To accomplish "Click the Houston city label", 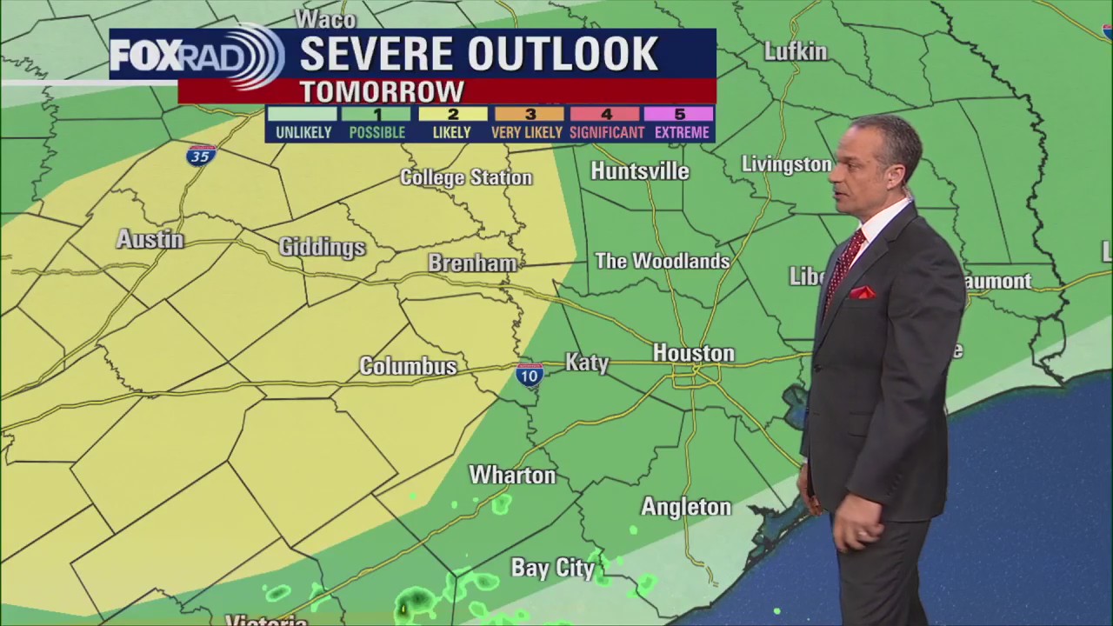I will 693,353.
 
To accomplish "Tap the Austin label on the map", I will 150,239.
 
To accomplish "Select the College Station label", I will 465,177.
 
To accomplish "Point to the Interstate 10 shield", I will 530,375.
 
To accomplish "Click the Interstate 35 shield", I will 201,156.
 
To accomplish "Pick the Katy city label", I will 587,362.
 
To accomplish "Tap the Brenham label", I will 472,263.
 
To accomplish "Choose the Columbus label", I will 408,366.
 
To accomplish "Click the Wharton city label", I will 512,475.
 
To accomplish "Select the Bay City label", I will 552,569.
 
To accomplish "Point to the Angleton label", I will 686,506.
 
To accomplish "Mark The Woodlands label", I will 662,261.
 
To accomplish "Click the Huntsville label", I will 639,171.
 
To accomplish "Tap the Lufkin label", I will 795,51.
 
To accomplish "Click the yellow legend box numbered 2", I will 453,114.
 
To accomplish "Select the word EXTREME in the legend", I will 681,133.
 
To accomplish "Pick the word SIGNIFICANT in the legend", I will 606,133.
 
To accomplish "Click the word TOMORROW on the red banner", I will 382,91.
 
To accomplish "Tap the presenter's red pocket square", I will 862,293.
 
